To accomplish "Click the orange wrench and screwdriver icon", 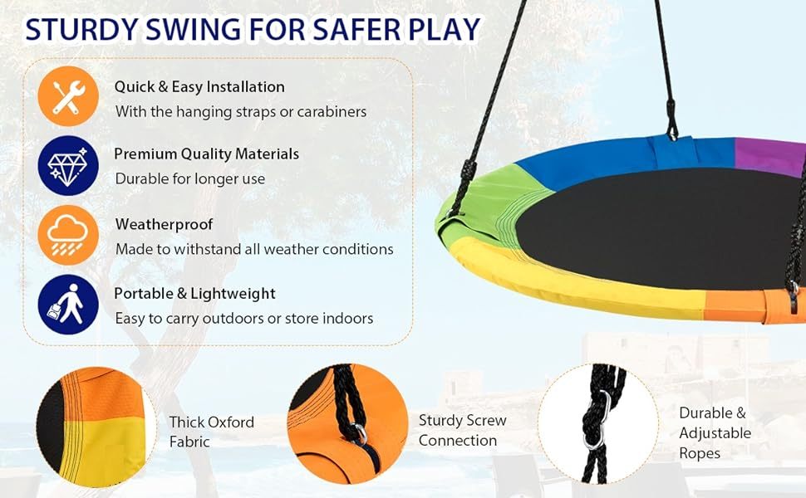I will [x=68, y=97].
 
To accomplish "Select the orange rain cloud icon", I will [x=68, y=235].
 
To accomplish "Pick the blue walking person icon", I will [x=68, y=304].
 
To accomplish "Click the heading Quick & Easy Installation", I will [x=199, y=87].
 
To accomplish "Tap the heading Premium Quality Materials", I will [x=206, y=154].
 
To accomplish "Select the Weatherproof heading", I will [x=164, y=224].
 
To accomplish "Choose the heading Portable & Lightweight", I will [x=194, y=294].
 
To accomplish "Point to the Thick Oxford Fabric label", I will [x=211, y=432].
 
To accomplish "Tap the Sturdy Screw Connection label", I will [x=462, y=431].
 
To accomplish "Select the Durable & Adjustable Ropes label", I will [x=714, y=432].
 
